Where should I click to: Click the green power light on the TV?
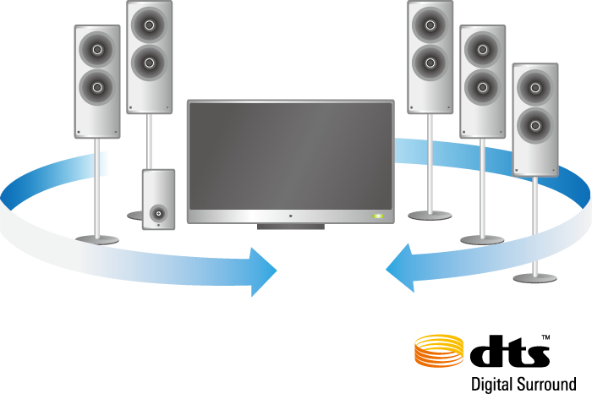click(x=378, y=216)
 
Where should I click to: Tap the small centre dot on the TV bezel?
click(x=289, y=216)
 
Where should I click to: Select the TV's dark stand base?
click(x=290, y=227)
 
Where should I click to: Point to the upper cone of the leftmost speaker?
click(x=97, y=49)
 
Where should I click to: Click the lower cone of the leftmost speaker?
click(x=97, y=85)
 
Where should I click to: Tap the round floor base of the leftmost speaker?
click(x=97, y=240)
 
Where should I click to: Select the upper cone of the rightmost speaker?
click(x=535, y=86)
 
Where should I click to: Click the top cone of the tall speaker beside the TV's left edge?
click(x=149, y=25)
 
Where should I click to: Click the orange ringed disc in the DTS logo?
click(x=438, y=351)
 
